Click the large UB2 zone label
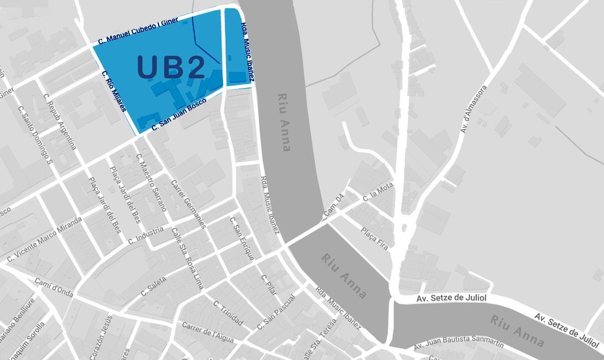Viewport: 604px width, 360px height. [x=171, y=67]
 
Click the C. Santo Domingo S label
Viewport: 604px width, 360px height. [x=35, y=134]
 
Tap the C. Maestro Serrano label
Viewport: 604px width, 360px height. [x=151, y=182]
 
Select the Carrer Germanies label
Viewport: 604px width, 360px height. [x=189, y=204]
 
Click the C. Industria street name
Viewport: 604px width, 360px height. [x=145, y=236]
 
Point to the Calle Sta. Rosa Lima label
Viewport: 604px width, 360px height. [x=187, y=258]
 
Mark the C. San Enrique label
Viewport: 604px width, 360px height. [x=242, y=238]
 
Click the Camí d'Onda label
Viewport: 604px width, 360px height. [x=54, y=287]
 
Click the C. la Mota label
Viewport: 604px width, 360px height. [x=377, y=193]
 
